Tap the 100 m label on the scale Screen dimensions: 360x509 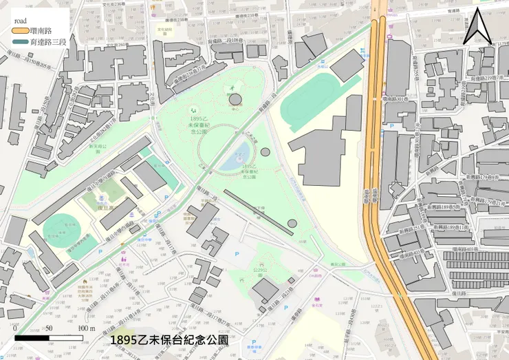coord(87,328)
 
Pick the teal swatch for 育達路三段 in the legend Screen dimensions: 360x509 coord(20,43)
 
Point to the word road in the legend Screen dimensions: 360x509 coord(21,21)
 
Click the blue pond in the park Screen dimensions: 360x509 coord(238,160)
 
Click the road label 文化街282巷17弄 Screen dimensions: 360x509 coord(97,128)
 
